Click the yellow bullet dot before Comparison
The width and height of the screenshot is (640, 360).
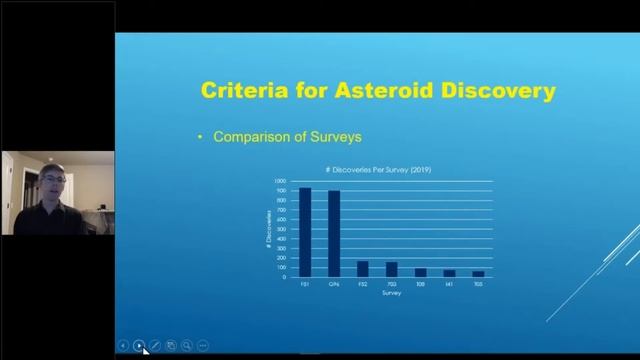201,137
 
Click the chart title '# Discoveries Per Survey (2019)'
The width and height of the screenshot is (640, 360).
378,169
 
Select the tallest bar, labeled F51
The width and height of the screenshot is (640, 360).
305,231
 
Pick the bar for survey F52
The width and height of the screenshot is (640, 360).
363,268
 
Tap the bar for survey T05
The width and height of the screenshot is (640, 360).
478,273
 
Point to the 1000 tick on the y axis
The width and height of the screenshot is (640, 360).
281,181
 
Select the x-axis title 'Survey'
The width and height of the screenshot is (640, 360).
391,293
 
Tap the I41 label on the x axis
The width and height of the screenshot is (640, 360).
449,284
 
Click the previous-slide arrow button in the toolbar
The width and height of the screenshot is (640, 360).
123,345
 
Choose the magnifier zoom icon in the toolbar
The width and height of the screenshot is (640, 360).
187,345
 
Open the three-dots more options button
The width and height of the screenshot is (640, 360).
203,345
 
